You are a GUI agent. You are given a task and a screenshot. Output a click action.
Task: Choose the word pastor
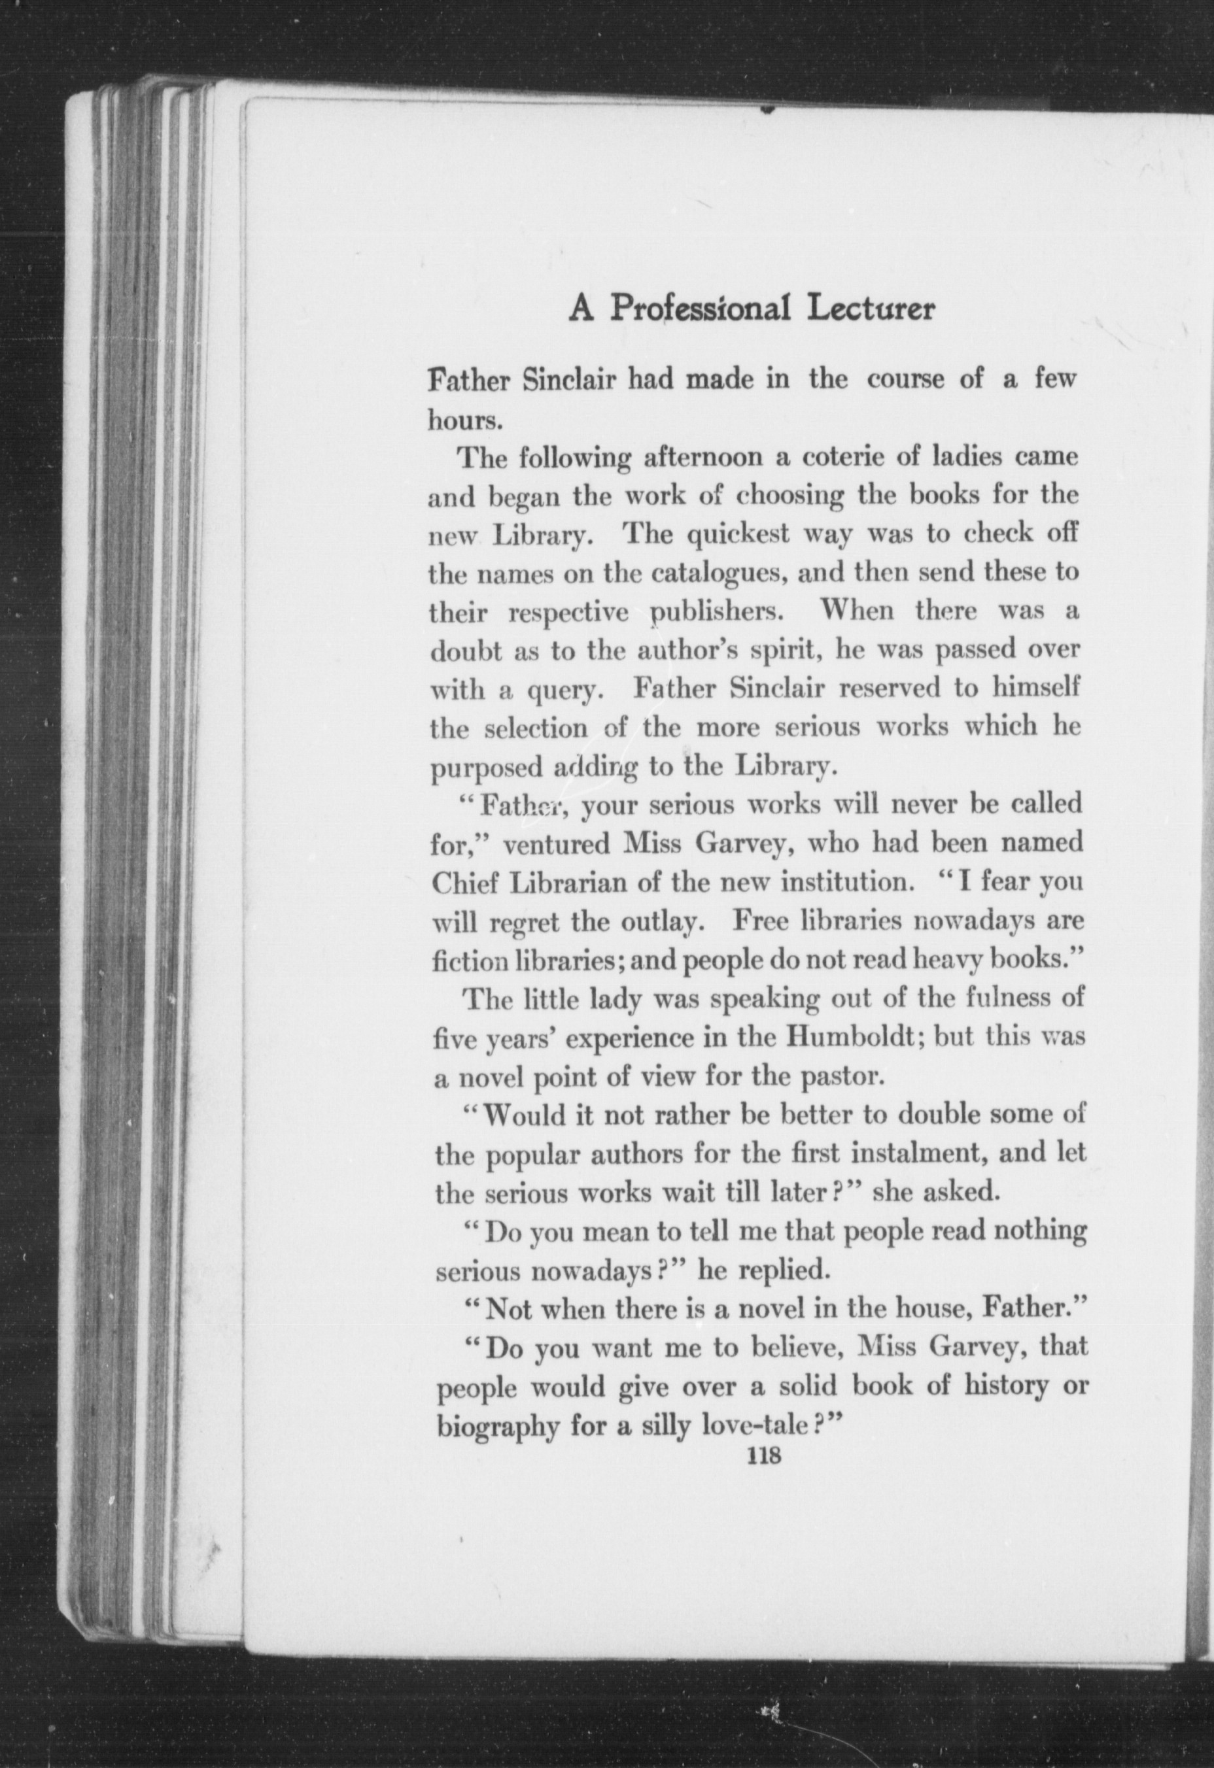[841, 1078]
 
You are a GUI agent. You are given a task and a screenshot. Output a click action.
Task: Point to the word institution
[848, 883]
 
